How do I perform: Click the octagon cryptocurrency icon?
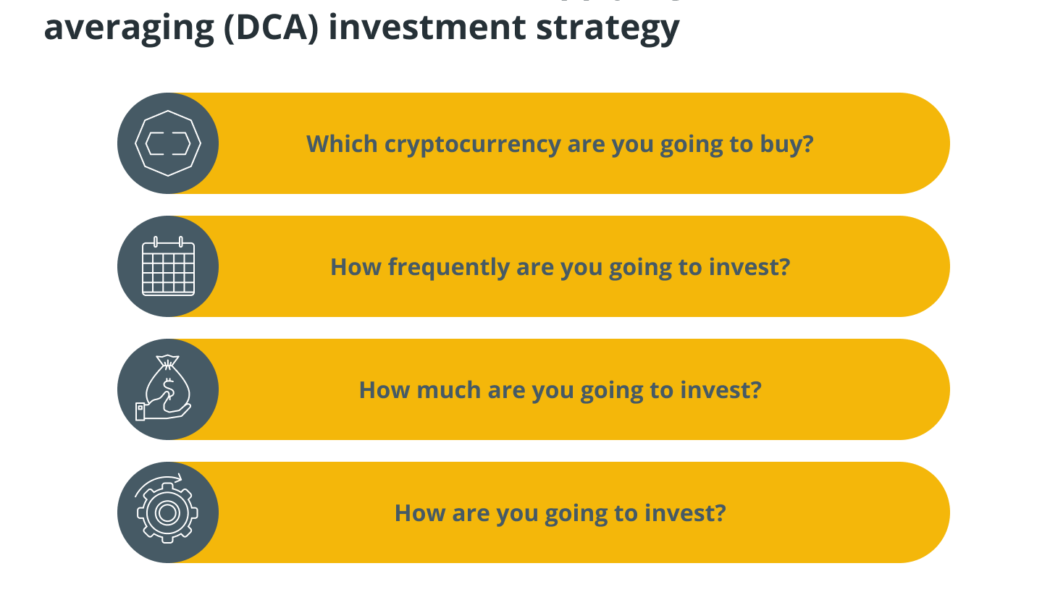[x=167, y=144]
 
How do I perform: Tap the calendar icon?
[x=167, y=267]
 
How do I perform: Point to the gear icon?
[x=167, y=512]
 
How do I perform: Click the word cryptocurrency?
[x=463, y=144]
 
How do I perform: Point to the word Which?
[x=342, y=144]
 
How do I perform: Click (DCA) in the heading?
[x=268, y=28]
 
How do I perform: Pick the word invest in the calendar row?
[x=751, y=267]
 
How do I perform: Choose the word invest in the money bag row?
[x=722, y=390]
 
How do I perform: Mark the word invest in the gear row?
[x=686, y=513]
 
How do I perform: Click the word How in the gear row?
[x=418, y=513]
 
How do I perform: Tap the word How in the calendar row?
[x=354, y=267]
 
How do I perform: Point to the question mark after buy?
[x=808, y=144]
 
